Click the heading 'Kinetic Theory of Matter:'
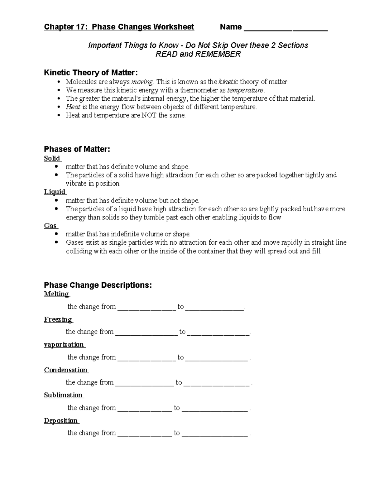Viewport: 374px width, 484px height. click(x=91, y=73)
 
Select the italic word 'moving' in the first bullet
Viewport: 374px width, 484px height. click(x=142, y=82)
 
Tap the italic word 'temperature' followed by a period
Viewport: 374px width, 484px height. click(x=245, y=90)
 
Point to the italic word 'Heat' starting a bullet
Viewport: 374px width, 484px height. click(x=73, y=107)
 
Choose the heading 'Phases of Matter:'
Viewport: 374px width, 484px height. click(x=77, y=149)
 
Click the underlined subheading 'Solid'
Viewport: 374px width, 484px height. click(x=52, y=158)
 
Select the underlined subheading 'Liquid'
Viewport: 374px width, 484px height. click(x=55, y=192)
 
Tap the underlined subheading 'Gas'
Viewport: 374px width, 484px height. click(x=50, y=226)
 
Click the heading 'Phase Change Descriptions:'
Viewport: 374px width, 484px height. click(x=98, y=285)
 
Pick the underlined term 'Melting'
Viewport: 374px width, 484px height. click(x=56, y=294)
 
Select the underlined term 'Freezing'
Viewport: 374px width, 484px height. click(x=58, y=319)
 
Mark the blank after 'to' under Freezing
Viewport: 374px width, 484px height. click(x=218, y=333)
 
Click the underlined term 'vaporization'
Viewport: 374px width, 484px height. click(x=64, y=344)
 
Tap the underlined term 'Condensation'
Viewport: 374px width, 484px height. click(x=66, y=370)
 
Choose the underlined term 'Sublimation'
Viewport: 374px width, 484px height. click(x=63, y=395)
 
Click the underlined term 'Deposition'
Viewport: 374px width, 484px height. click(x=61, y=421)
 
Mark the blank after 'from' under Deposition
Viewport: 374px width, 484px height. click(x=145, y=434)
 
